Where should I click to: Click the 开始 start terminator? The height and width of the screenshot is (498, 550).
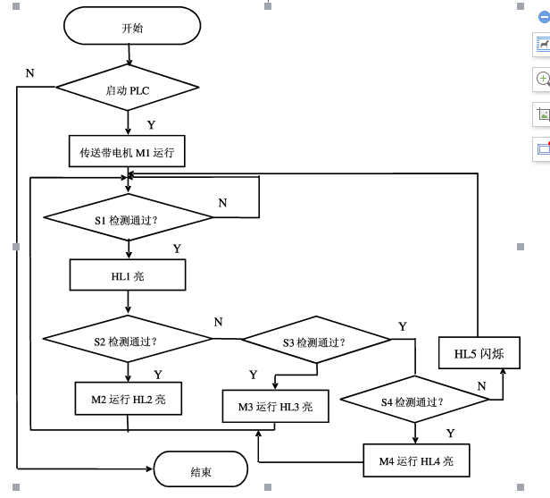pos(132,27)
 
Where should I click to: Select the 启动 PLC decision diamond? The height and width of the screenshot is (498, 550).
pos(128,89)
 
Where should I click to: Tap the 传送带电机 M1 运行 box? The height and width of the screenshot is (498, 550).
pos(128,152)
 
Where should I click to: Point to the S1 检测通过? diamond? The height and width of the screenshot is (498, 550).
pos(128,218)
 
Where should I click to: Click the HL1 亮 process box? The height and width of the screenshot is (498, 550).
pos(128,275)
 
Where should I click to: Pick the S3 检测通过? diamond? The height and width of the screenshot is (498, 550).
pos(315,341)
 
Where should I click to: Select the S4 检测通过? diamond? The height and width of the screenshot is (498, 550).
pos(413,401)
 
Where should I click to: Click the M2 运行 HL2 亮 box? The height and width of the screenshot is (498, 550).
pos(128,400)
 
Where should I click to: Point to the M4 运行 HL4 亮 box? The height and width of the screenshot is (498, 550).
pos(415,460)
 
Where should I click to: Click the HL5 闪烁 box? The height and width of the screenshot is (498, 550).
pos(479,354)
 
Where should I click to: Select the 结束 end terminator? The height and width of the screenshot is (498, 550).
pos(201,470)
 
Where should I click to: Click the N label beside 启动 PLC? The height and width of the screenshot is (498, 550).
pos(29,72)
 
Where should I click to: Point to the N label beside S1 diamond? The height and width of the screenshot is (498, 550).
pos(222,203)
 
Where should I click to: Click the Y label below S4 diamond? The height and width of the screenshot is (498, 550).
pos(450,433)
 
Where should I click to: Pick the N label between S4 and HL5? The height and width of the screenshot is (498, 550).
pos(481,385)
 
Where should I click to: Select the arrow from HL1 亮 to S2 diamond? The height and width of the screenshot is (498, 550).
pos(128,304)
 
